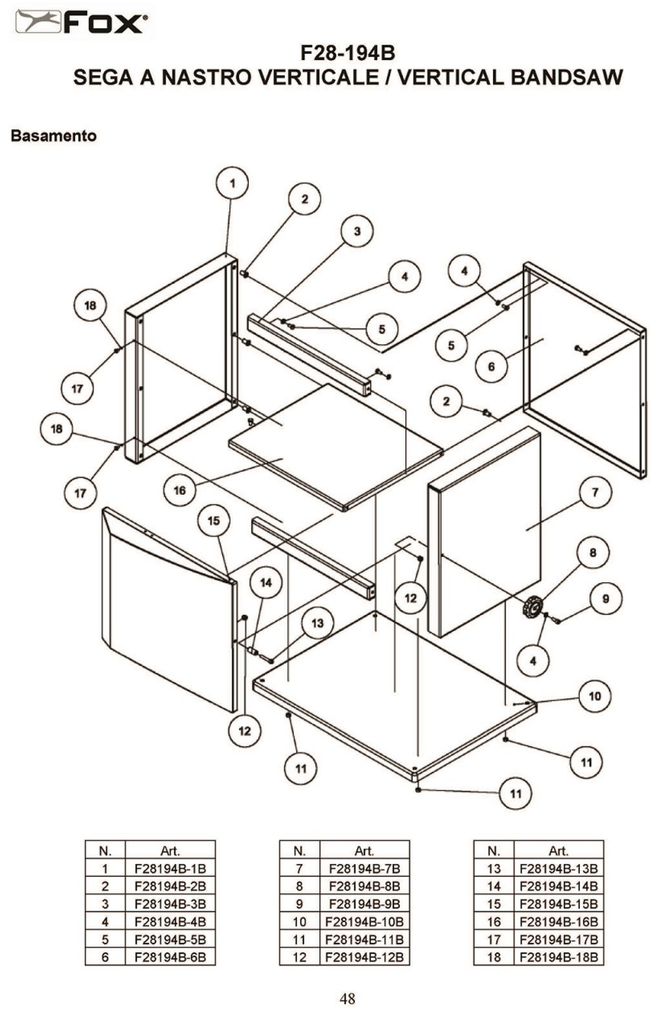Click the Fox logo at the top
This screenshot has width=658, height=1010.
(82, 22)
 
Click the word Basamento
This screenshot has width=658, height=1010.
(54, 136)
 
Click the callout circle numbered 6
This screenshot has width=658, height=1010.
(491, 367)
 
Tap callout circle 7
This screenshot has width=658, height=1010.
(595, 492)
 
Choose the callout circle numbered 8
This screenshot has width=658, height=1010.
(593, 553)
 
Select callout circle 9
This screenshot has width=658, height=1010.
(606, 599)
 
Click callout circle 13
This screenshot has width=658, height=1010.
(317, 623)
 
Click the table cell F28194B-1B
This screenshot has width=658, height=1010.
(170, 869)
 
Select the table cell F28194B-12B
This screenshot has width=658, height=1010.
(364, 957)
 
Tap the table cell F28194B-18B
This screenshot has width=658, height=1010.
(559, 957)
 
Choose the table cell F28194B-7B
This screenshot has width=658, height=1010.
(364, 869)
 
